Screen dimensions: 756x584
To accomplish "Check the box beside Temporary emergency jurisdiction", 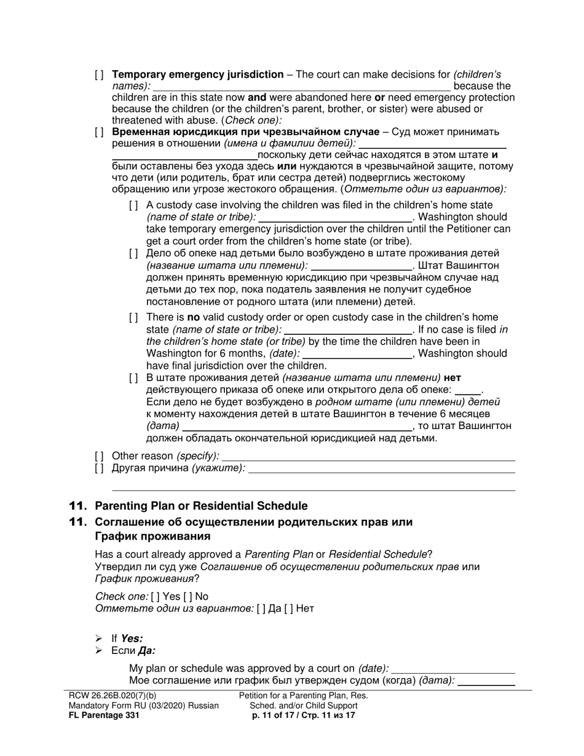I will tap(99, 75).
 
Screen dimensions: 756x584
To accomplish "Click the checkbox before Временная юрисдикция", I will tap(99, 132).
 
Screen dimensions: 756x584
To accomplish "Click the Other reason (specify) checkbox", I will tap(99, 456).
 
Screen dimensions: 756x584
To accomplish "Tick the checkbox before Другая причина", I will tap(99, 468).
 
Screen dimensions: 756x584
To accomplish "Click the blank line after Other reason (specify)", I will tap(368, 456).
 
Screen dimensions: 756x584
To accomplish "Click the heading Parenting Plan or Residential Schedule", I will tap(200, 506).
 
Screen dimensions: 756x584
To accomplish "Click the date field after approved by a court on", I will tap(453, 669).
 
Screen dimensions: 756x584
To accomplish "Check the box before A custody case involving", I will tap(133, 205).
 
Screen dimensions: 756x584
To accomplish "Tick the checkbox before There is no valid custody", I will tap(133, 318).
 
